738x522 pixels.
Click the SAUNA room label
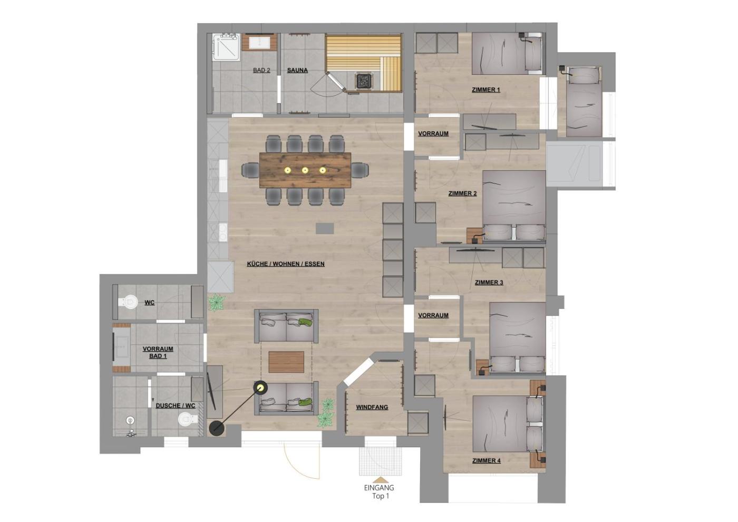(x=297, y=70)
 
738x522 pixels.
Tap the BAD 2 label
(x=261, y=70)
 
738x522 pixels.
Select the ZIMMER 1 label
(x=486, y=90)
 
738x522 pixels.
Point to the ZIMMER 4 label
(x=486, y=461)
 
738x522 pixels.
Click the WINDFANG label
(x=372, y=407)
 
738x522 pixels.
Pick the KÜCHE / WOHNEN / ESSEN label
(x=286, y=264)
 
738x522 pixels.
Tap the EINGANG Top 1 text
(x=379, y=491)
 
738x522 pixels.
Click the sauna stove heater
(x=364, y=80)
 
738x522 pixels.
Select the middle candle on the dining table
(x=305, y=170)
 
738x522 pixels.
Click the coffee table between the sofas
(x=286, y=362)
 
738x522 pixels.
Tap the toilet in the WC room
(x=128, y=302)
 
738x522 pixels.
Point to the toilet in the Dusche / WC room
(x=188, y=420)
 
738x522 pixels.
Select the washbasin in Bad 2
(x=259, y=43)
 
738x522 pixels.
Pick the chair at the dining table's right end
(x=360, y=170)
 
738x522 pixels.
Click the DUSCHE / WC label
(x=175, y=405)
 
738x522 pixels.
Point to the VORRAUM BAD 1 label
(x=158, y=352)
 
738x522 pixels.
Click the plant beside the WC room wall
(x=217, y=302)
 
